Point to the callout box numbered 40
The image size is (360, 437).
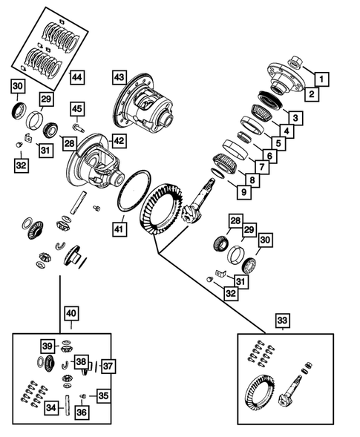pyautogui.click(x=71, y=315)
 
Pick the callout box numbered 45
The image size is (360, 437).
pyautogui.click(x=77, y=109)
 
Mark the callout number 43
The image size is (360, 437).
pyautogui.click(x=120, y=76)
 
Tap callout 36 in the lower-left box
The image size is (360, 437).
pyautogui.click(x=82, y=413)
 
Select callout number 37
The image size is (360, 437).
pyautogui.click(x=108, y=367)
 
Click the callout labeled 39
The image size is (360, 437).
pyautogui.click(x=47, y=346)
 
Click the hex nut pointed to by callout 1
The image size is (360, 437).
pyautogui.click(x=295, y=64)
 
